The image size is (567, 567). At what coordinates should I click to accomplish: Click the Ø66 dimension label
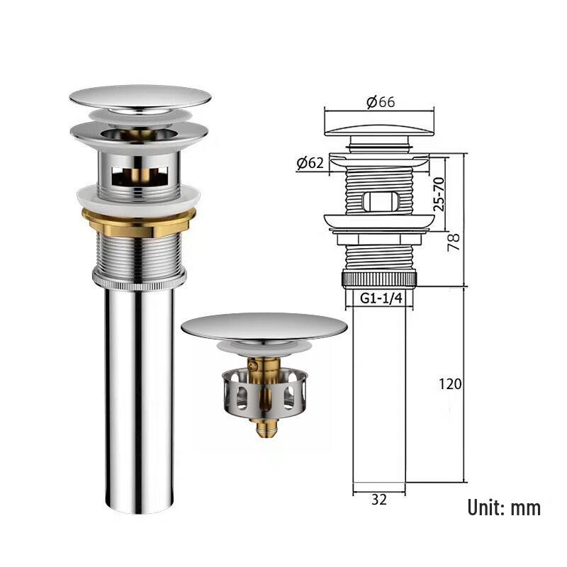(x=381, y=102)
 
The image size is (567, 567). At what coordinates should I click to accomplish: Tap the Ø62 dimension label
(x=310, y=163)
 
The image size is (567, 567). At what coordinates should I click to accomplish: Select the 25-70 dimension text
(x=439, y=193)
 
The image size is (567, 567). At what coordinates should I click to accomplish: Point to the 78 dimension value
(x=453, y=242)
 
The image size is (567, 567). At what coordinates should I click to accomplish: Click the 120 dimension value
(x=450, y=384)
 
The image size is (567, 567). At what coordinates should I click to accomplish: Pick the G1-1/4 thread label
(x=381, y=298)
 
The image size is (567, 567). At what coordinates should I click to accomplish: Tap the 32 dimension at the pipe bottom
(x=379, y=500)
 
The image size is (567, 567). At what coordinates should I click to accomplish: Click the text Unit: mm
(x=504, y=507)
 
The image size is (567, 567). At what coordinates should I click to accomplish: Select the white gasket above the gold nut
(x=139, y=201)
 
